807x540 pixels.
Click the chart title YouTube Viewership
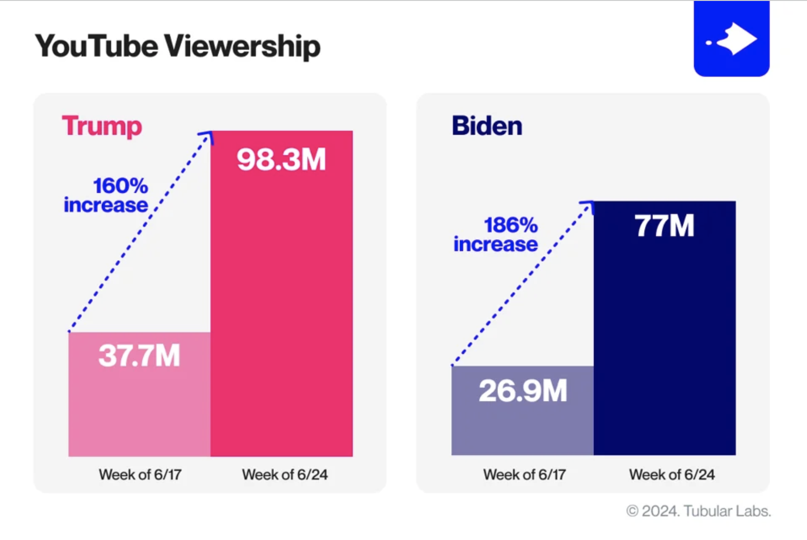[177, 46]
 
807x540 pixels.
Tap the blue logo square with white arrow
[731, 39]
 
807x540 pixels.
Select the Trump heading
[102, 126]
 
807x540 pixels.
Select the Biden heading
[487, 126]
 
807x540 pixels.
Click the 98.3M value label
[281, 159]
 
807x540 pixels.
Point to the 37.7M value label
[139, 355]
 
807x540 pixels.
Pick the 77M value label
[664, 226]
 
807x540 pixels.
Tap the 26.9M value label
[522, 390]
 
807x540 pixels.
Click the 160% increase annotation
[107, 196]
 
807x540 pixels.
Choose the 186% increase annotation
[496, 235]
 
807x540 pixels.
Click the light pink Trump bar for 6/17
[139, 412]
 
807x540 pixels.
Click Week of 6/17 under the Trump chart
[140, 474]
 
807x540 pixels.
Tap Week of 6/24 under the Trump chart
[285, 474]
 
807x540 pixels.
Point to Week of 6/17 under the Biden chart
[524, 474]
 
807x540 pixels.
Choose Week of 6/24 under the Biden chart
[672, 474]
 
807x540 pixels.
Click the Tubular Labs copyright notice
[698, 511]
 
